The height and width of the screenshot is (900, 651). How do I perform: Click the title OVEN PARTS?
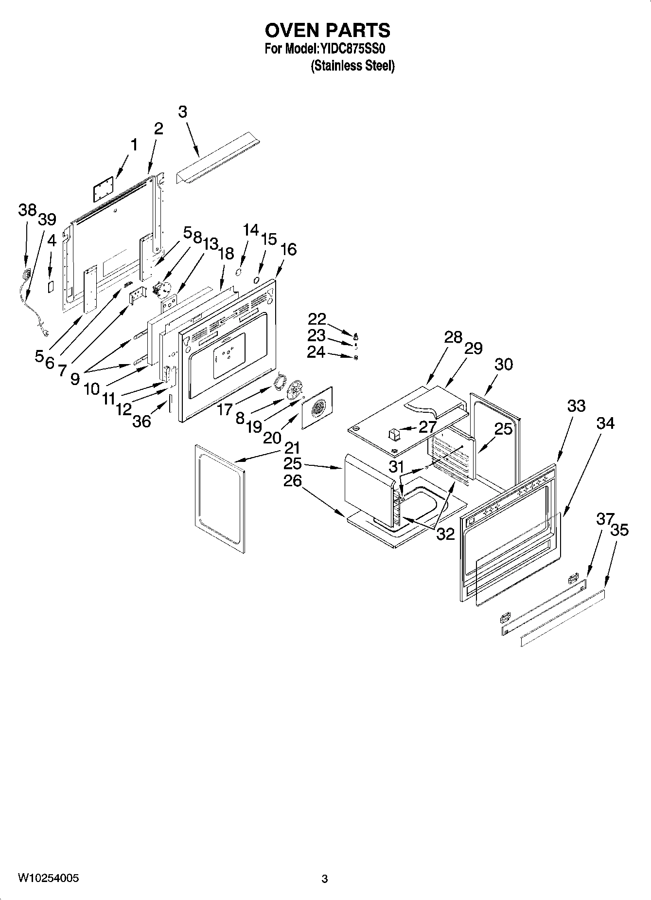327,30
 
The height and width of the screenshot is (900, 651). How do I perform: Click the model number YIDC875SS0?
352,49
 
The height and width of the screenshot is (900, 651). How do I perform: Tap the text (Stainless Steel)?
352,66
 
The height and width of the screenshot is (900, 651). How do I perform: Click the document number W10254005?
48,878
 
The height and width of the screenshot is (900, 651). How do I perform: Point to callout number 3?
182,112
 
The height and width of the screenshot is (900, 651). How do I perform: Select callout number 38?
27,210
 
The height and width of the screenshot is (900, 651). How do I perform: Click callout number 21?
292,448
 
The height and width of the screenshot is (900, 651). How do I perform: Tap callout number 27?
428,427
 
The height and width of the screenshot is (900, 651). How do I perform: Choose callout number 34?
605,423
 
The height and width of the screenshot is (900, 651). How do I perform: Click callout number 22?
317,319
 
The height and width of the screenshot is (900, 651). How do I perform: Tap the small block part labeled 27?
394,432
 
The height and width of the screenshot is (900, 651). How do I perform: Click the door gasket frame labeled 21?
220,499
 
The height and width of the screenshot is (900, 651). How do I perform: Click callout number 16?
288,249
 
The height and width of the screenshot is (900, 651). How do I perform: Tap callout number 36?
141,421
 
